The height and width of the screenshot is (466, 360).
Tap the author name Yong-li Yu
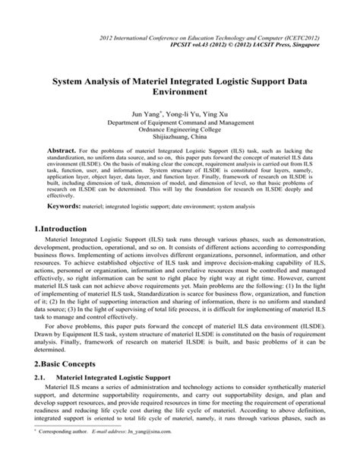tap(175, 111)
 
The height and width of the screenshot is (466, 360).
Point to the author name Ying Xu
tap(213, 111)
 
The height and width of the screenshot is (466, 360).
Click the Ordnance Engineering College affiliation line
tap(180, 129)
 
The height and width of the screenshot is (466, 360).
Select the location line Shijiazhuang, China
tap(180, 138)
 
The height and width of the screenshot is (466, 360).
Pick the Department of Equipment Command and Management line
tap(180, 121)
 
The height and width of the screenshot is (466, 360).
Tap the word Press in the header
tap(285, 46)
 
